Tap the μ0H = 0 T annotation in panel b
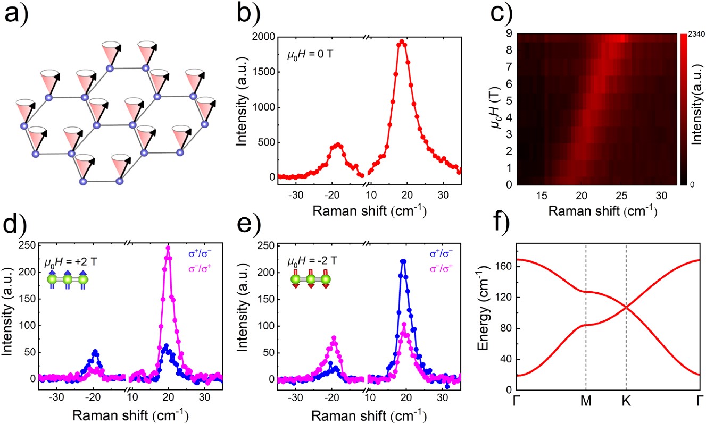pyautogui.click(x=308, y=55)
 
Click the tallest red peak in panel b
pyautogui.click(x=402, y=41)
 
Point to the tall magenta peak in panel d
pyautogui.click(x=168, y=248)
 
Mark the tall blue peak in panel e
pyautogui.click(x=403, y=261)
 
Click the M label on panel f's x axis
pyautogui.click(x=585, y=402)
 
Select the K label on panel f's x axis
pyautogui.click(x=626, y=402)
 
